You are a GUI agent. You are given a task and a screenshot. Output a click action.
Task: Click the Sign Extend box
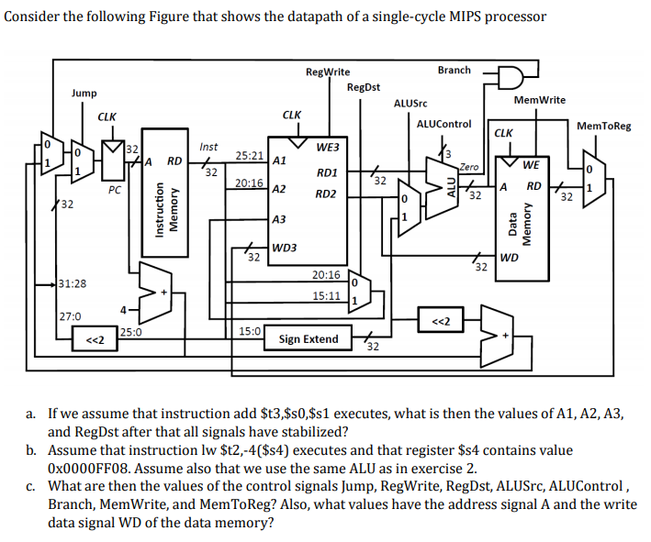[309, 338]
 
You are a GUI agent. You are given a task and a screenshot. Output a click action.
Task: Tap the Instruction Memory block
[165, 193]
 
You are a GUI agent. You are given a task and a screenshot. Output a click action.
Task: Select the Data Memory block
[522, 218]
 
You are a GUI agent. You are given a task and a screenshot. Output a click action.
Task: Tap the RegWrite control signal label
[328, 72]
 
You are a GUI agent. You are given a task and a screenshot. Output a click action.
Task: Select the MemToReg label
[603, 126]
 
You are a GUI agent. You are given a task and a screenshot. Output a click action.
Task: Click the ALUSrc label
[410, 103]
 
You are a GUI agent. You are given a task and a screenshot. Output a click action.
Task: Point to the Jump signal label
[84, 93]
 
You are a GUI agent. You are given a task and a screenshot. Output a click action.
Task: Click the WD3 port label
[284, 248]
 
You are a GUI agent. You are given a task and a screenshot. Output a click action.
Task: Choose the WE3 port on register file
[328, 148]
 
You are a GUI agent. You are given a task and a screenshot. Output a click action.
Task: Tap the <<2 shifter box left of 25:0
[95, 338]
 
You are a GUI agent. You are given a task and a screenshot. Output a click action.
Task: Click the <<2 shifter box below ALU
[441, 319]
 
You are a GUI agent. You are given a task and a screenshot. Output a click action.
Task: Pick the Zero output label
[468, 167]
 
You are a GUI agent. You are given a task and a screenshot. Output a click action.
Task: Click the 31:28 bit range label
[73, 283]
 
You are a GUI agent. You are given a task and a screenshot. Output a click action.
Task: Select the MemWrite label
[540, 100]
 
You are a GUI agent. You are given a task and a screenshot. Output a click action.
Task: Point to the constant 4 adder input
[123, 310]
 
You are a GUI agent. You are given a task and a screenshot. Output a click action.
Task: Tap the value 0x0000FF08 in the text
[89, 469]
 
